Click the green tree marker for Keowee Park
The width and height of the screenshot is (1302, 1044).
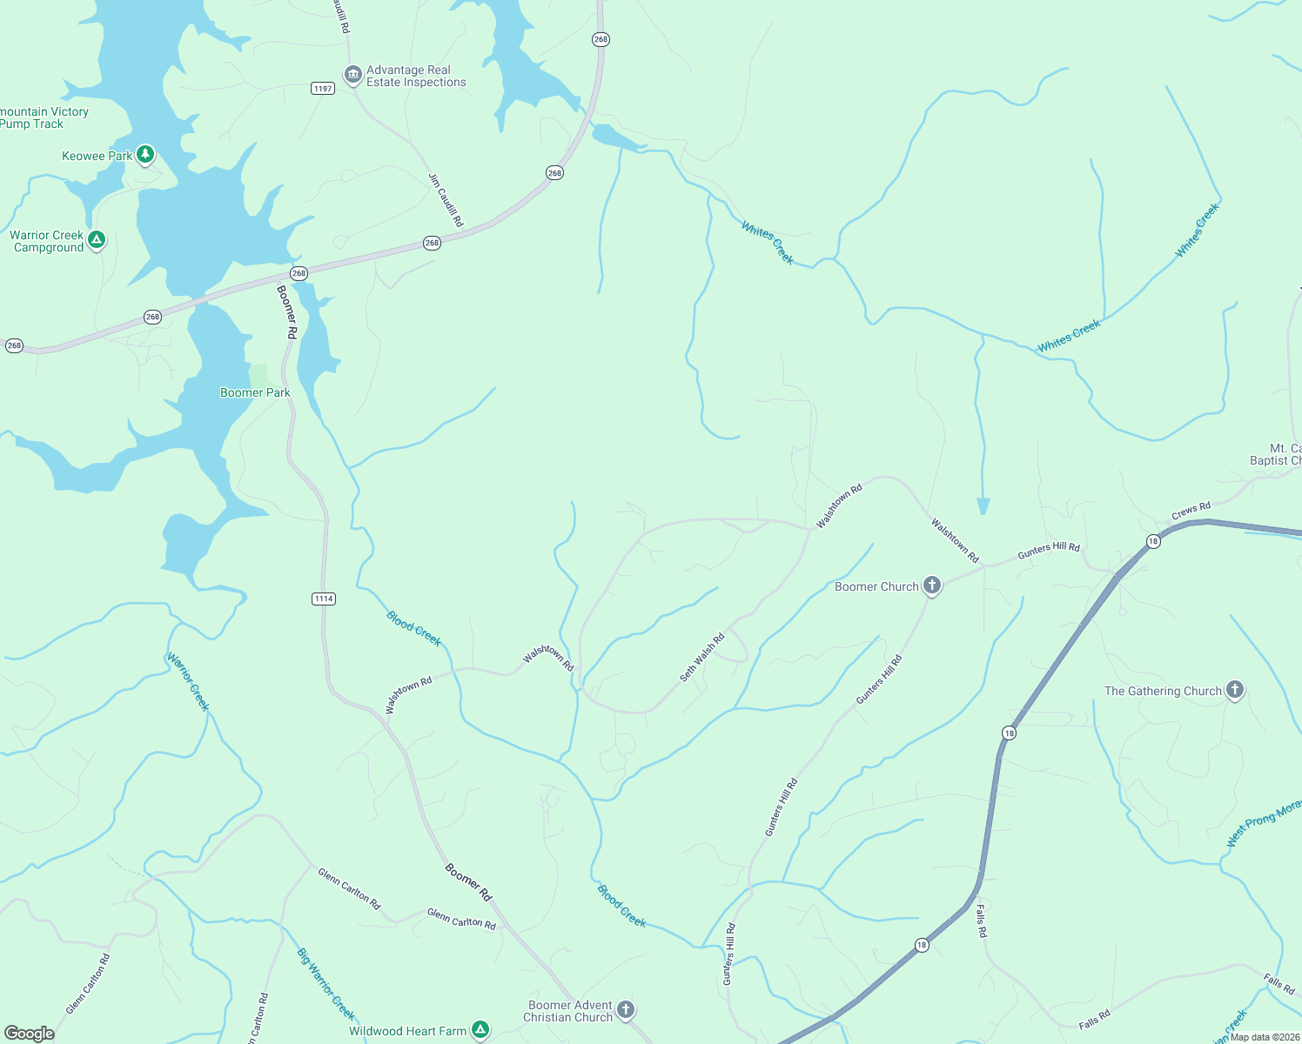click(145, 155)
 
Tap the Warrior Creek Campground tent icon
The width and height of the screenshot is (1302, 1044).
click(97, 239)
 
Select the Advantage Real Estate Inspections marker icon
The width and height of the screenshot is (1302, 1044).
click(353, 76)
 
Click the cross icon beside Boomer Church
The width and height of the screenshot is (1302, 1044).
click(932, 586)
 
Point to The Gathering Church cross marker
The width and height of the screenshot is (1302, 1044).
click(1234, 690)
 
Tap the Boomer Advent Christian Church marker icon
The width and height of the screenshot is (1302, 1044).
click(626, 1010)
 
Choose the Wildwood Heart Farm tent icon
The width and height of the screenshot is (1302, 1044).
click(480, 1030)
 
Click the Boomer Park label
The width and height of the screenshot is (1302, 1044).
click(255, 392)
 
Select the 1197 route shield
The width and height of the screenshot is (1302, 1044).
click(323, 89)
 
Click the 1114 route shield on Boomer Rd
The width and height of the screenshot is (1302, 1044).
click(324, 599)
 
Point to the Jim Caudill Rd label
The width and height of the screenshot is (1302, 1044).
click(446, 200)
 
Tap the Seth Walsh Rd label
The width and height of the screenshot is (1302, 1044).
click(702, 658)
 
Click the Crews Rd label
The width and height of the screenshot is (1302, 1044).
click(1191, 511)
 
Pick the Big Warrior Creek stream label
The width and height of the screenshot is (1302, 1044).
click(326, 983)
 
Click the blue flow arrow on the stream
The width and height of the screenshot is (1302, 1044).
click(983, 505)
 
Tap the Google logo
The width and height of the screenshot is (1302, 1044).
click(30, 1034)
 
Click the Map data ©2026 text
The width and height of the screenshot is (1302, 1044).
click(1265, 1037)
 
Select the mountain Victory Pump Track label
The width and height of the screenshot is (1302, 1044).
click(44, 117)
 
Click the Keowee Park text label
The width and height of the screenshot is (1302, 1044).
click(97, 157)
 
